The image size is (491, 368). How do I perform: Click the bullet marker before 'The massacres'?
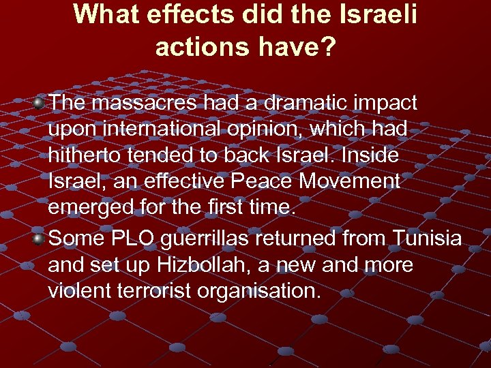[40, 103]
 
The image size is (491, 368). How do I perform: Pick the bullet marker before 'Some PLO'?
[40, 239]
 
